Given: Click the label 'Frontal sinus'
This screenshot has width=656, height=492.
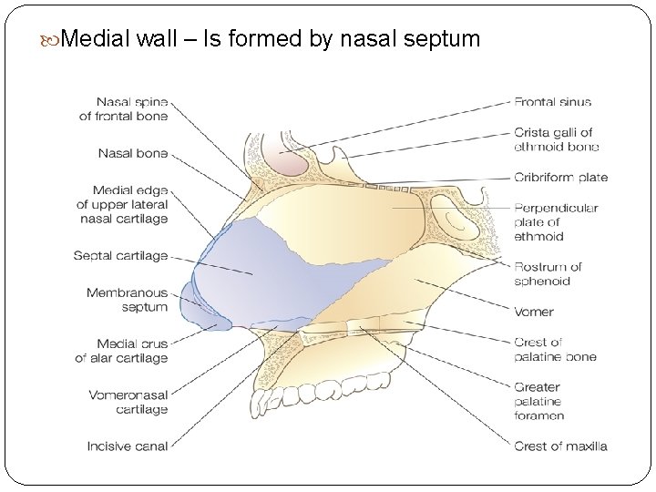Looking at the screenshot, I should (x=552, y=102).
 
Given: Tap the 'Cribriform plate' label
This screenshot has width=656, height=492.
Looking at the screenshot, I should (x=560, y=178).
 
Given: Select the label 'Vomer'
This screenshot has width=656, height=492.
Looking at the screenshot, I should (x=534, y=312).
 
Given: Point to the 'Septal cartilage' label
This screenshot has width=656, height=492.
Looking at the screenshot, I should (x=121, y=256).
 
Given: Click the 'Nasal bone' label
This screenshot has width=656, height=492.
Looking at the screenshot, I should (x=133, y=153).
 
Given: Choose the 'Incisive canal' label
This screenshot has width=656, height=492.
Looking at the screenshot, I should (x=128, y=446).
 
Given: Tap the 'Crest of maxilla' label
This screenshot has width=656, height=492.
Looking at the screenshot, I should (x=560, y=446).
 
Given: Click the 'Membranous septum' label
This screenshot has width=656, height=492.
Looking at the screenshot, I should (x=128, y=300).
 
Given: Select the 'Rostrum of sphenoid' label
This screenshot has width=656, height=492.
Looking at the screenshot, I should (x=548, y=273).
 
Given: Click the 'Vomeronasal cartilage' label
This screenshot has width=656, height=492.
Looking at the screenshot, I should (x=128, y=402).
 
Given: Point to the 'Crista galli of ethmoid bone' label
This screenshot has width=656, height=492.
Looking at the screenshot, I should (x=556, y=139).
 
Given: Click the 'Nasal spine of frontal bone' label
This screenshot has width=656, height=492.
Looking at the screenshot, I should (x=124, y=109).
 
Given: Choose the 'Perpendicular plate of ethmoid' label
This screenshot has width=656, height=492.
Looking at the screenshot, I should (x=556, y=221).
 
